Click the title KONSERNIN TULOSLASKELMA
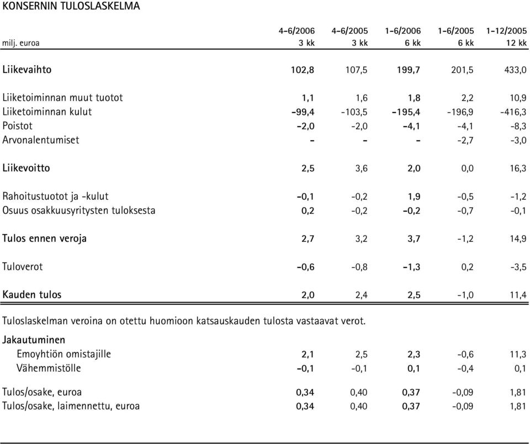(x=71, y=6)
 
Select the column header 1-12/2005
(x=506, y=31)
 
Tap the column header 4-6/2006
(x=296, y=31)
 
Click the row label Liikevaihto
(x=27, y=70)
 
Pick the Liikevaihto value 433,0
(x=514, y=70)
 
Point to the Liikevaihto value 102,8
(x=303, y=70)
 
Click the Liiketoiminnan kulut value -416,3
(x=513, y=112)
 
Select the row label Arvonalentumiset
(x=41, y=140)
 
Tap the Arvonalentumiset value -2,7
(x=465, y=140)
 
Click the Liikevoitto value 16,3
(x=518, y=168)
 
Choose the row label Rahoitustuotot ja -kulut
(x=55, y=197)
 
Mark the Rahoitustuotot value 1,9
(x=414, y=197)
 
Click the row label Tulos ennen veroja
(x=44, y=239)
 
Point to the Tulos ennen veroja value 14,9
(x=518, y=239)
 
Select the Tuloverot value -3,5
(x=518, y=267)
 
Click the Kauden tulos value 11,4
(x=518, y=295)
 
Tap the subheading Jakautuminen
(x=34, y=340)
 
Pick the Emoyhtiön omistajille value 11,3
(x=518, y=355)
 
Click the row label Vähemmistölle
(x=49, y=368)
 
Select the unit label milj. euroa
(x=20, y=43)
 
